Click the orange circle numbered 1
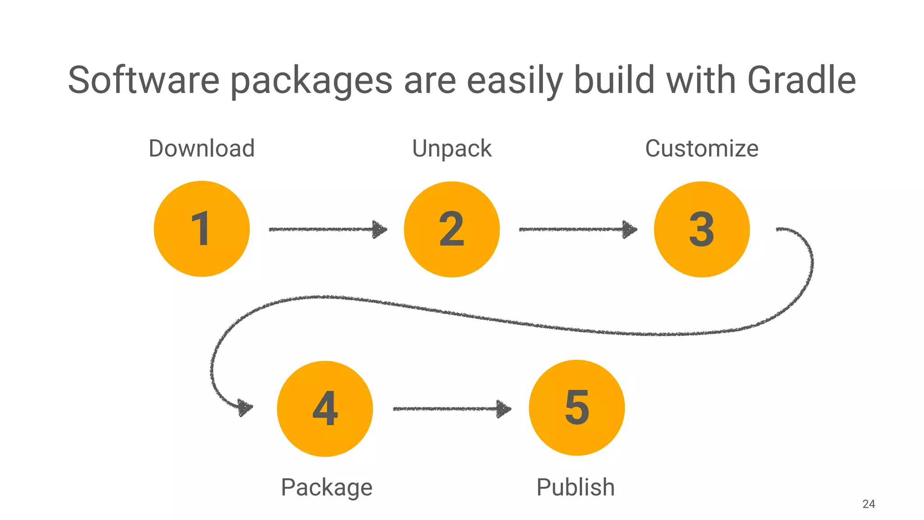[202, 229]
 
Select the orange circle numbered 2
[452, 229]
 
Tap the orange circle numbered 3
[702, 229]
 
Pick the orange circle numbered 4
[325, 409]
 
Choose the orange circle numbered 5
[577, 408]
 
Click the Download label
[202, 149]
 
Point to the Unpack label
[452, 149]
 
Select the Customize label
[702, 149]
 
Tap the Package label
[327, 487]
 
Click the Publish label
[575, 487]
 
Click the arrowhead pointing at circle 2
[379, 229]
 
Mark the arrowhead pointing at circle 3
[629, 229]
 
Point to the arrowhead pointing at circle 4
[245, 407]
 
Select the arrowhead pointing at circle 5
[504, 409]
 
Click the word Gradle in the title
[801, 80]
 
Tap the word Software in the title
[143, 80]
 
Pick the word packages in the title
[311, 81]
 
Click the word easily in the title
[514, 81]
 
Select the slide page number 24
[869, 504]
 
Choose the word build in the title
[614, 80]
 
